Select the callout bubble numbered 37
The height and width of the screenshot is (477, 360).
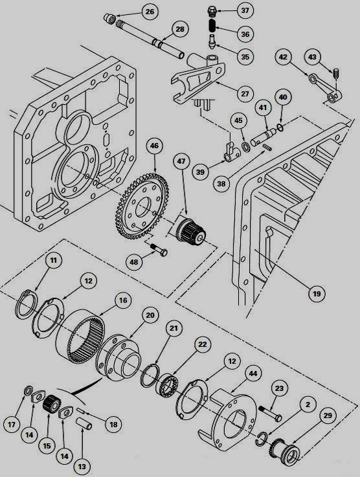244,11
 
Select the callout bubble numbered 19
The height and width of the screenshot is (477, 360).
315,294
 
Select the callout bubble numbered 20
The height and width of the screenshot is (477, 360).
150,316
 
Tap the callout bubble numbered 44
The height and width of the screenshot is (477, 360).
252,373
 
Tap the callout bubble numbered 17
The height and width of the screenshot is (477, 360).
12,425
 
